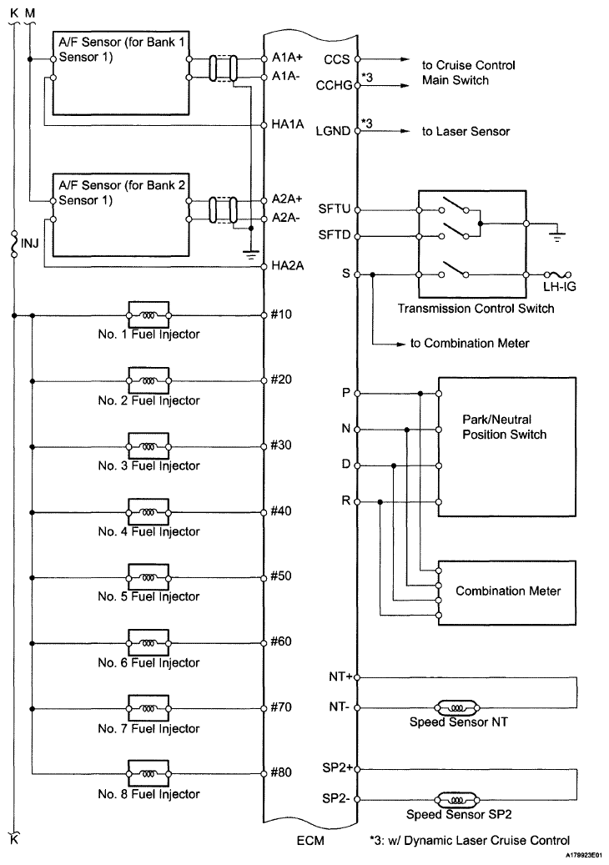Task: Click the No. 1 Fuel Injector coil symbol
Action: [148, 316]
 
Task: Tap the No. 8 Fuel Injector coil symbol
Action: [148, 774]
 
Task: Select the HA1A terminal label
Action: [288, 124]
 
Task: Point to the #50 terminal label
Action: [281, 576]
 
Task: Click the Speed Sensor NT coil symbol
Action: [457, 708]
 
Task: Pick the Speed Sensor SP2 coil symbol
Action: [457, 799]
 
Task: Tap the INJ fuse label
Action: [30, 244]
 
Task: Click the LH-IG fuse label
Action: [559, 286]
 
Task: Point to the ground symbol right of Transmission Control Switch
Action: [558, 237]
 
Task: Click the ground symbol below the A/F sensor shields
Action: [251, 254]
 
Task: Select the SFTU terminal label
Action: [335, 209]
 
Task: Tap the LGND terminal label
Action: [333, 131]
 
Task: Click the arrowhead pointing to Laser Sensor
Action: [405, 131]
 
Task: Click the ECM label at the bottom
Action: [310, 842]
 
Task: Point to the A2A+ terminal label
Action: [288, 199]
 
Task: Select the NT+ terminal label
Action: [341, 676]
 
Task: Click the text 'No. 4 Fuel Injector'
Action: [149, 532]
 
